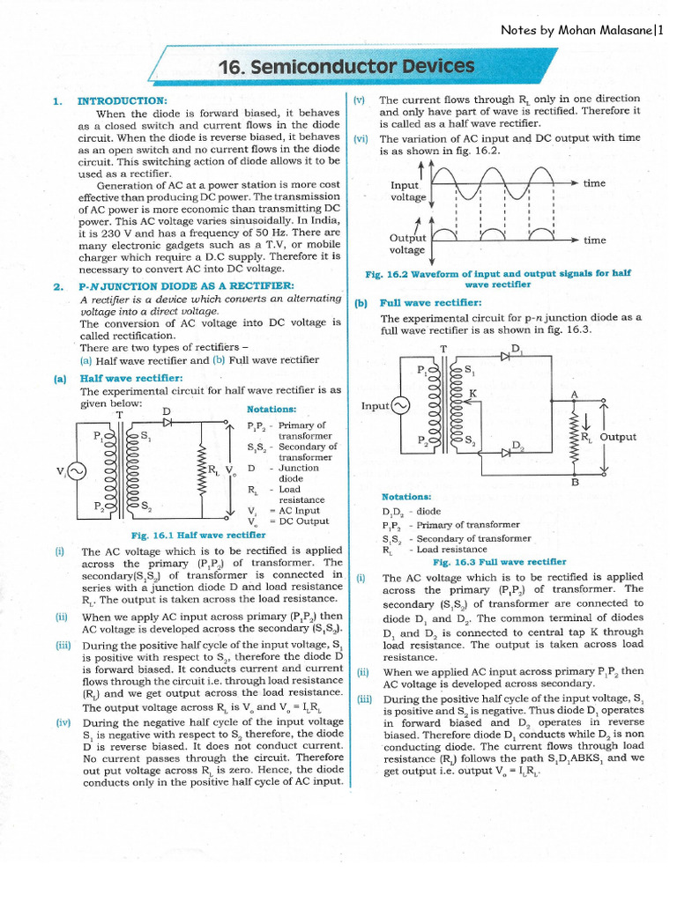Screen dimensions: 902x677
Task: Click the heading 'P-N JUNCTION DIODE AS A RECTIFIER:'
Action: [186, 286]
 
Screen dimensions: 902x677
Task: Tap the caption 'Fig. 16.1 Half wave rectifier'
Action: [197, 535]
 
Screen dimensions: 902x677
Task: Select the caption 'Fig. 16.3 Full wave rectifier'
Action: [499, 561]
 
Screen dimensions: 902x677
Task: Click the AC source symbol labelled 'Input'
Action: [400, 405]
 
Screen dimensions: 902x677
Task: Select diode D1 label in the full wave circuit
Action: [517, 349]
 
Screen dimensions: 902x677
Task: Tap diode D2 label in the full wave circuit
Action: [518, 446]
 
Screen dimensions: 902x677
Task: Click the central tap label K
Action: [472, 393]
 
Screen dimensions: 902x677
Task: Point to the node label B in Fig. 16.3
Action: [575, 483]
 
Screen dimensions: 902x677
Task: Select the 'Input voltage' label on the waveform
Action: [407, 191]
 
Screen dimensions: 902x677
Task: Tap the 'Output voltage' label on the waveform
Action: [407, 244]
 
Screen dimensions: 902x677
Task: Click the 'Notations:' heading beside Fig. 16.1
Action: [272, 410]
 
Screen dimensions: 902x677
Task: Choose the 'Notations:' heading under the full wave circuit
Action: [406, 498]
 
